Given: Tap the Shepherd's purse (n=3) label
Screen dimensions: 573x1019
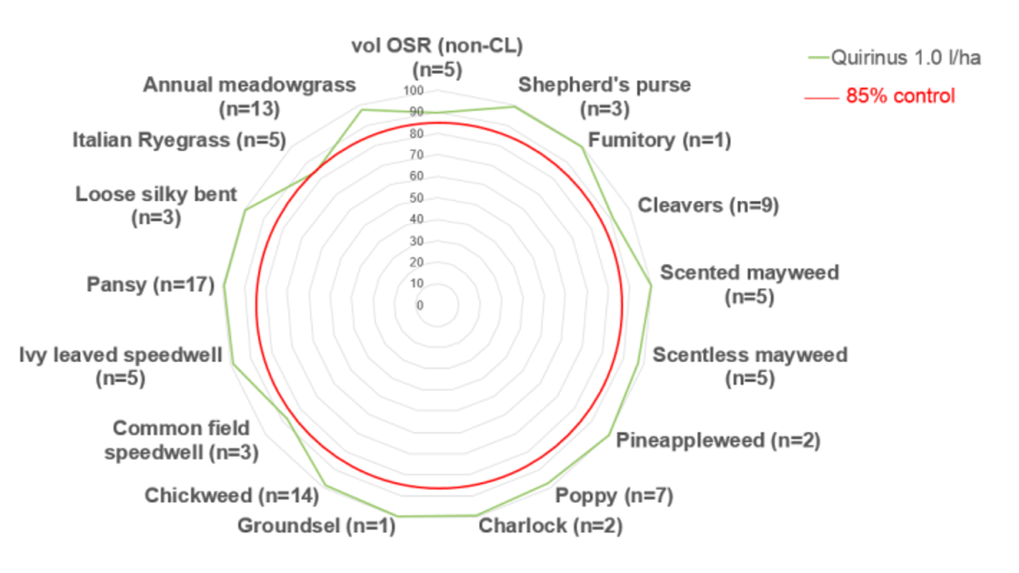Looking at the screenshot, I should [x=605, y=96].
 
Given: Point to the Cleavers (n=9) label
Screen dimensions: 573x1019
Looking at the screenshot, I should [x=708, y=205].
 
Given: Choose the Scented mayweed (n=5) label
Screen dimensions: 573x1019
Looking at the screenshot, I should [x=750, y=284].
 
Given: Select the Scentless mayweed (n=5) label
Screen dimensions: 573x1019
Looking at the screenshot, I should [x=750, y=366].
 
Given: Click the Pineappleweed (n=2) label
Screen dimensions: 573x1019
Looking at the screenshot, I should [x=718, y=441].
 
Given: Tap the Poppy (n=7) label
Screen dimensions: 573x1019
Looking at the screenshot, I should [x=613, y=496].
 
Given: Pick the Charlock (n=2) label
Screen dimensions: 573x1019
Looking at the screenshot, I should [x=550, y=526].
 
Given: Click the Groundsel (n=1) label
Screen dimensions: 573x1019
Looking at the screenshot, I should [x=317, y=526].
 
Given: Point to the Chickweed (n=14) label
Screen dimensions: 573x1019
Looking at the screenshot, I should [x=232, y=495].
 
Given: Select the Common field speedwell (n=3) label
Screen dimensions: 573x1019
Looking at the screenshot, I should [x=181, y=440].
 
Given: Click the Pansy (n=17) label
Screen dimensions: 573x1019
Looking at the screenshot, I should [x=150, y=284].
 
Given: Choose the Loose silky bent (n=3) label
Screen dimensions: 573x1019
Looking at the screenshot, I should [x=156, y=205].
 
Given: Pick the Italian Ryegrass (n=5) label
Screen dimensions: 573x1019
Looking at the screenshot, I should [x=179, y=140].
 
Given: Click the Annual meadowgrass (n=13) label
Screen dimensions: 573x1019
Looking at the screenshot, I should [x=250, y=96].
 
